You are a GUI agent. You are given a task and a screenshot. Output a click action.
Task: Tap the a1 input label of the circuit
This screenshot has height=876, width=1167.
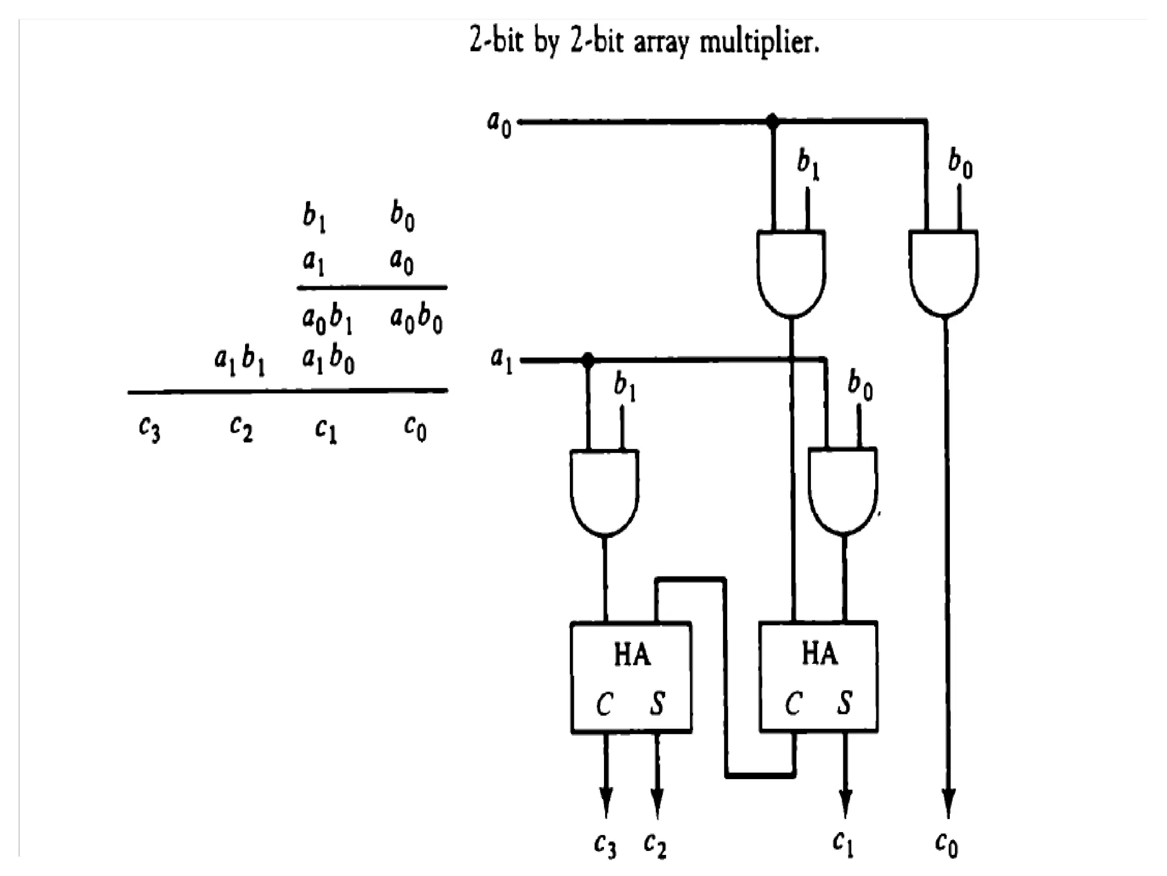501,362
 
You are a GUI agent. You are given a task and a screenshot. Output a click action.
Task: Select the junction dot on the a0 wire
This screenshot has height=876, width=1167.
772,121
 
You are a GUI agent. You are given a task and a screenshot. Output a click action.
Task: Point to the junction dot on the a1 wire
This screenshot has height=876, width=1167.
588,360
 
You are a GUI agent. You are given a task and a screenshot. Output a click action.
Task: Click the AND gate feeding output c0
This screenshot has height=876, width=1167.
944,271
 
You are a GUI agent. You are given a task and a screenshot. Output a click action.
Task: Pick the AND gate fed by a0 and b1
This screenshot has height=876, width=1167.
791,271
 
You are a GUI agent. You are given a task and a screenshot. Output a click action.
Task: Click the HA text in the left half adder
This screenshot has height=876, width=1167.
632,654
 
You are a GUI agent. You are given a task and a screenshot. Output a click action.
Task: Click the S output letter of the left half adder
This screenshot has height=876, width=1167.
657,704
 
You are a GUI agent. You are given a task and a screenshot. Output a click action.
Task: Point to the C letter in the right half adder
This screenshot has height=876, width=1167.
793,704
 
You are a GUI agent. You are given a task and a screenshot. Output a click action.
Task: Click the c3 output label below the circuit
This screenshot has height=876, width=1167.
605,845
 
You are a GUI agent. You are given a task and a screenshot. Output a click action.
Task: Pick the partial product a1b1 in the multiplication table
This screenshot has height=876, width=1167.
240,362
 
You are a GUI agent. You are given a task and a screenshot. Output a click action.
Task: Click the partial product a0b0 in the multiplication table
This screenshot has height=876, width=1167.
416,319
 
